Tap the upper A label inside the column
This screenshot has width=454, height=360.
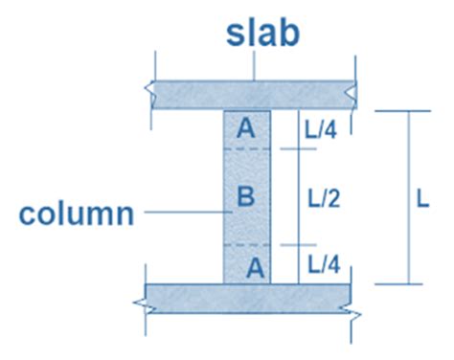[x=246, y=127]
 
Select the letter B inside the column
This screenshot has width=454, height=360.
[x=245, y=198]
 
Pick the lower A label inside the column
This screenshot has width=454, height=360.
[x=254, y=267]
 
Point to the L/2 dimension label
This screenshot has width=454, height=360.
[x=324, y=198]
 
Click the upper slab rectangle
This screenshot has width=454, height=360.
[x=192, y=94]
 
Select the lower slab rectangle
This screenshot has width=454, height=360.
[x=192, y=298]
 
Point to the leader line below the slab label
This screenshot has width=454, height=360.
[x=253, y=66]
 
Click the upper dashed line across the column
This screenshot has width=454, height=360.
[x=247, y=149]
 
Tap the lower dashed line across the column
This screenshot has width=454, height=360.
[x=247, y=245]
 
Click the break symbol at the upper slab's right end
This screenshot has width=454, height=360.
[x=355, y=94]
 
